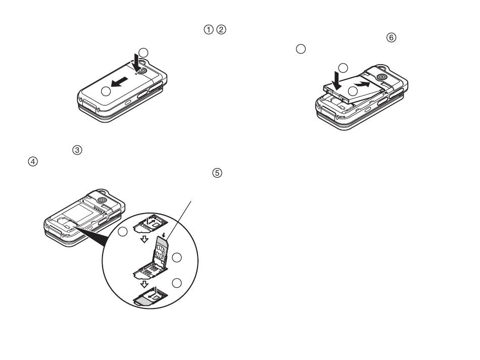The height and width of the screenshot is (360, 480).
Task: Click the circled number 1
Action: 208,30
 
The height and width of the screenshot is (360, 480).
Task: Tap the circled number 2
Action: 221,30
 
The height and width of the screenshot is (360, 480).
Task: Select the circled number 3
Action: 77,150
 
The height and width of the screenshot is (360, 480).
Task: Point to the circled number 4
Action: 33,162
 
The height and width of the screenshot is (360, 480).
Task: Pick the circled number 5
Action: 217,173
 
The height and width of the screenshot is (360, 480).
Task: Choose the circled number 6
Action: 391,38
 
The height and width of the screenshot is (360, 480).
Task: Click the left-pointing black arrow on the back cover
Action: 119,82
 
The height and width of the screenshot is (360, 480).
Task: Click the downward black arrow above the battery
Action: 337,80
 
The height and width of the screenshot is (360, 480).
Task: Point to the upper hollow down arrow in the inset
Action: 144,239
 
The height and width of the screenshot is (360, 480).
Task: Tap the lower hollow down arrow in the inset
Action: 144,284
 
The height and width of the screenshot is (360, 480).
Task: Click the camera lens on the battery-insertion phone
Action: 382,76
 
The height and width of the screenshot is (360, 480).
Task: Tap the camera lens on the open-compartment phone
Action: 102,200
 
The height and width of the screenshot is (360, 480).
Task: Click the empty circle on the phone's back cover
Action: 106,91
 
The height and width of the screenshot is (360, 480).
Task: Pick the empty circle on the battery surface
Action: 353,91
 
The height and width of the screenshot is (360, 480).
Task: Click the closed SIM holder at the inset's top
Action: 150,223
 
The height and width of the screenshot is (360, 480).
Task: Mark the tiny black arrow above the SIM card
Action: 164,235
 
